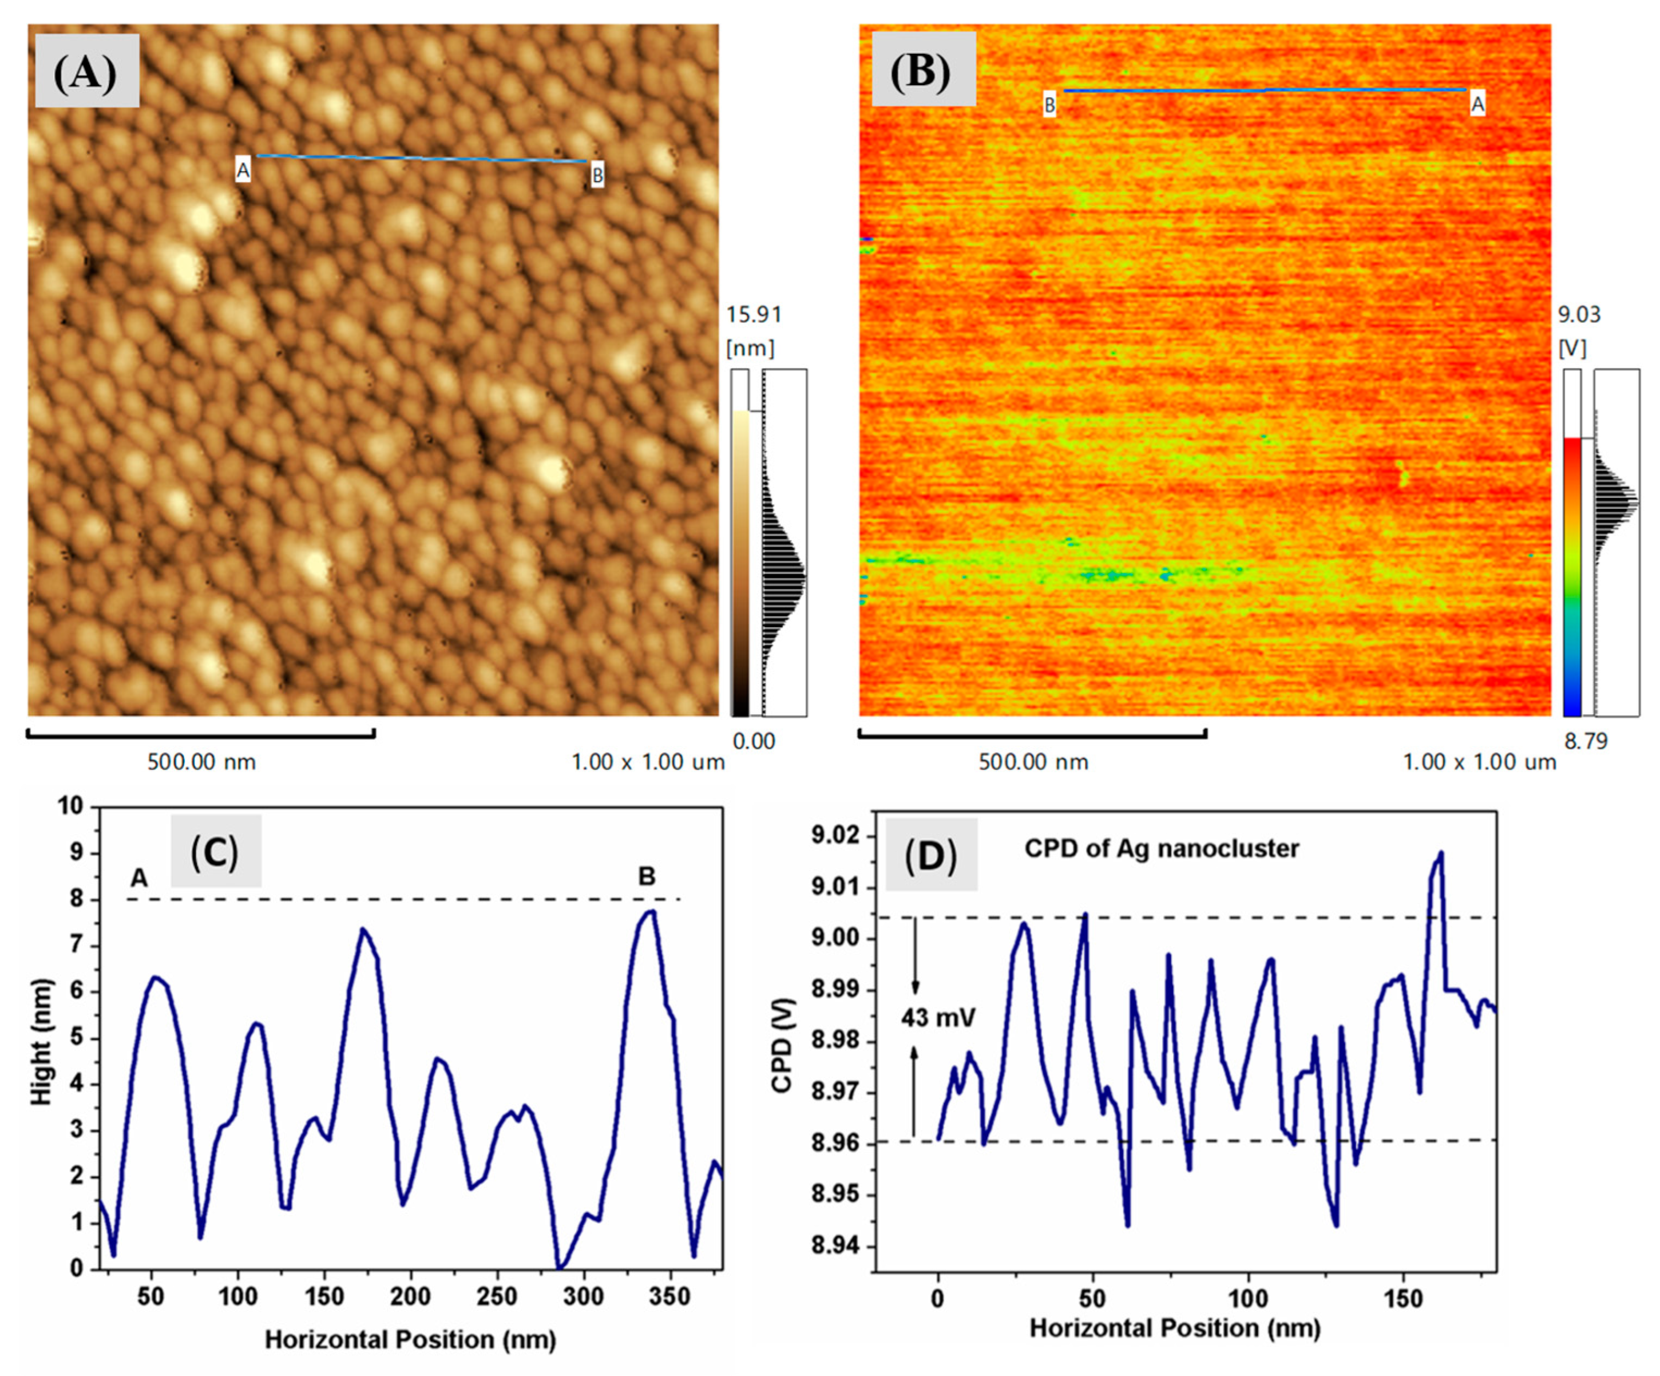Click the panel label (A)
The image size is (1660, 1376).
pyautogui.click(x=85, y=72)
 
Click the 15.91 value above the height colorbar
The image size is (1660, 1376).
pyautogui.click(x=754, y=315)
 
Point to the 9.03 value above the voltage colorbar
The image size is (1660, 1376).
pyautogui.click(x=1579, y=315)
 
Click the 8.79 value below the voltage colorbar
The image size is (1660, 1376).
pyautogui.click(x=1585, y=741)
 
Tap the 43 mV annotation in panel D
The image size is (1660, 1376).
pyautogui.click(x=938, y=1017)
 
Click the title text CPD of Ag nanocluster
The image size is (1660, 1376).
pyautogui.click(x=1161, y=848)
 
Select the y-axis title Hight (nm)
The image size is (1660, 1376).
pyautogui.click(x=41, y=1042)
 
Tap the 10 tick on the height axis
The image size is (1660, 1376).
pyautogui.click(x=70, y=806)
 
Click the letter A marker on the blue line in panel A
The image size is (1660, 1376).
pyautogui.click(x=243, y=170)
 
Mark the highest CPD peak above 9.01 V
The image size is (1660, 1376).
pyautogui.click(x=1440, y=853)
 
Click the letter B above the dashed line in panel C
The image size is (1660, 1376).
pyautogui.click(x=647, y=876)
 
